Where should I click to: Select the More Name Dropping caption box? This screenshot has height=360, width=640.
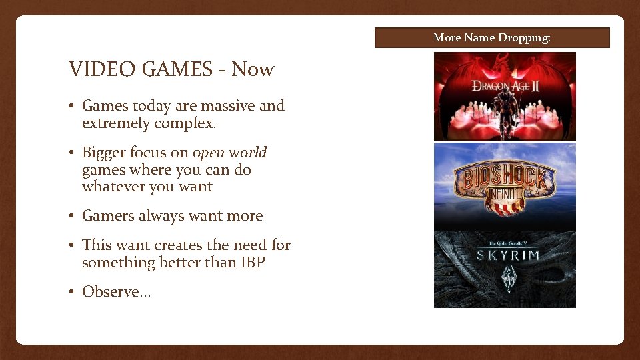point(492,37)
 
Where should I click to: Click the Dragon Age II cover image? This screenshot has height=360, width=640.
point(505,96)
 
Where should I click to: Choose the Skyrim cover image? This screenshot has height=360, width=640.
point(505,269)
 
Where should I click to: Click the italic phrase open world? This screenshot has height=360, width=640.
point(230,152)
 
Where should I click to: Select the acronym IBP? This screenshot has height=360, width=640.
point(251,263)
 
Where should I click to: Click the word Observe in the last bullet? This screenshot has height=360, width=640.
point(111,291)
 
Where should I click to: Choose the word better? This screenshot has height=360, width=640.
point(180,263)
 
